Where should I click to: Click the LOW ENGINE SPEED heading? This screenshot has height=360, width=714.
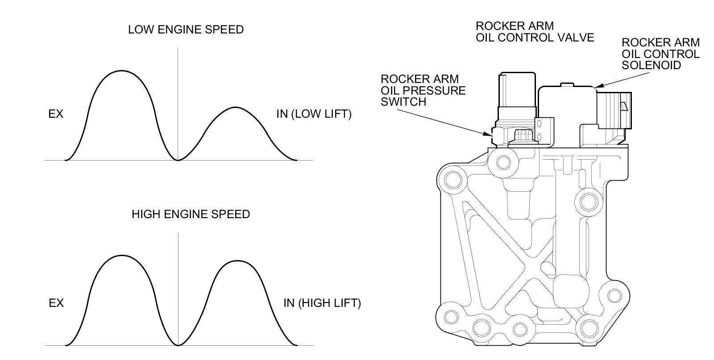[x=186, y=30]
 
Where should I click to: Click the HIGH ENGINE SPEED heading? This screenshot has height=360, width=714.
[x=191, y=214]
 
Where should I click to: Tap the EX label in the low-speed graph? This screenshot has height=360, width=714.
[x=56, y=114]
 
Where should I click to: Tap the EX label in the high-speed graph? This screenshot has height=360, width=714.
[x=56, y=303]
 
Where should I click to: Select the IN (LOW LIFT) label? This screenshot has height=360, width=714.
[x=314, y=114]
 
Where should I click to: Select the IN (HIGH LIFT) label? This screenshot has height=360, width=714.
[x=322, y=303]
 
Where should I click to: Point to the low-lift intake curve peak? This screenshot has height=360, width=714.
[x=235, y=108]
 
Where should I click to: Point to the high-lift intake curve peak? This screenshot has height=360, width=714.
[x=236, y=261]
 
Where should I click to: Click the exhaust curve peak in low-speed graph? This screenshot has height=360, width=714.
[x=121, y=71]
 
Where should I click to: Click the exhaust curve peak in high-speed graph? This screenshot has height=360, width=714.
[x=121, y=256]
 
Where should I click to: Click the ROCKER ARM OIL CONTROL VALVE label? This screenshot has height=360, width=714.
[x=535, y=32]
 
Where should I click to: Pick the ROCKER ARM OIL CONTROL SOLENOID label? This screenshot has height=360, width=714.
[x=660, y=54]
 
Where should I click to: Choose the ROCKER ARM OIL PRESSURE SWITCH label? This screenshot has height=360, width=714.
[x=423, y=90]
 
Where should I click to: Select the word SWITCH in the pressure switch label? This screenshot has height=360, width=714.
[x=403, y=102]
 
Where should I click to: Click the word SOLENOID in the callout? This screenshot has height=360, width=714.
[x=651, y=65]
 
